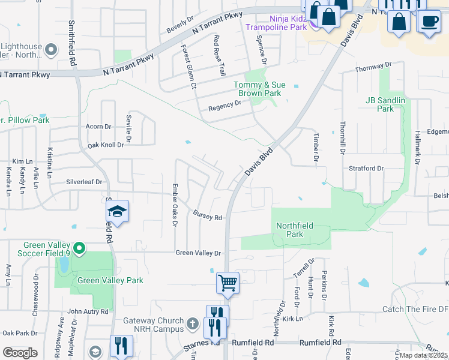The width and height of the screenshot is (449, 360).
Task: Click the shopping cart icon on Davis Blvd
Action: pyautogui.click(x=228, y=282)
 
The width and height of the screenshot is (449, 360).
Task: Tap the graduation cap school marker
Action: pyautogui.click(x=118, y=211)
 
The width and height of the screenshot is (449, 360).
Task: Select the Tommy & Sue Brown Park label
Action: pyautogui.click(x=257, y=89)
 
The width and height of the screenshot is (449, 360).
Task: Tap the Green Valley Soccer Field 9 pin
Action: pyautogui.click(x=78, y=248)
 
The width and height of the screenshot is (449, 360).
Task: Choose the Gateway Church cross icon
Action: pyautogui.click(x=192, y=324)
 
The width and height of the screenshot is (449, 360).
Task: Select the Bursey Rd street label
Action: pyautogui.click(x=208, y=215)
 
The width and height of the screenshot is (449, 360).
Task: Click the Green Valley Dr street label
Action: pyautogui.click(x=198, y=253)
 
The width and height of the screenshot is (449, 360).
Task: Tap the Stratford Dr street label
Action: pyautogui.click(x=366, y=169)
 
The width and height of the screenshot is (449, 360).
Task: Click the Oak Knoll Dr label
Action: pyautogui.click(x=106, y=145)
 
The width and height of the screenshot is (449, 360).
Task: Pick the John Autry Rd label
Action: pyautogui.click(x=88, y=311)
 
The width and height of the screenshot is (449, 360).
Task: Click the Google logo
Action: pyautogui.click(x=20, y=352)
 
